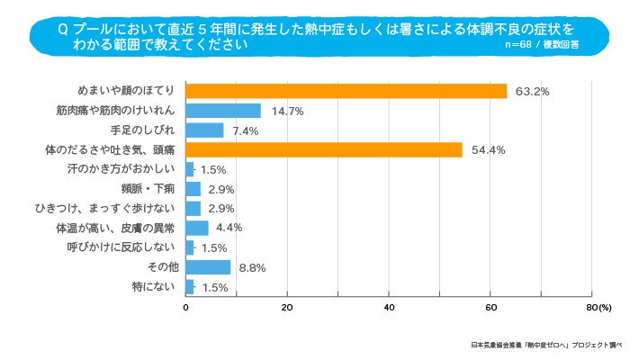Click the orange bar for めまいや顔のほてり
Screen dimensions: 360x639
(346, 91)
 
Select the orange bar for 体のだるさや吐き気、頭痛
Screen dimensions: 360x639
(323, 150)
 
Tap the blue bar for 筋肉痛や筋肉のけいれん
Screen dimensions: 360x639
(222, 111)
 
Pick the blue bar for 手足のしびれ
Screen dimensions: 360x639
(204, 130)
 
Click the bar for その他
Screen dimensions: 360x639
(208, 267)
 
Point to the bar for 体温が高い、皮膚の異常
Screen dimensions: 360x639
(196, 228)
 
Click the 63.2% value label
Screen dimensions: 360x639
(532, 92)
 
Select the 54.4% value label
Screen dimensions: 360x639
(487, 150)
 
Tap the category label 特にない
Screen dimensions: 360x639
(157, 287)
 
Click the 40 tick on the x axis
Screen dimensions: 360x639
(389, 308)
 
